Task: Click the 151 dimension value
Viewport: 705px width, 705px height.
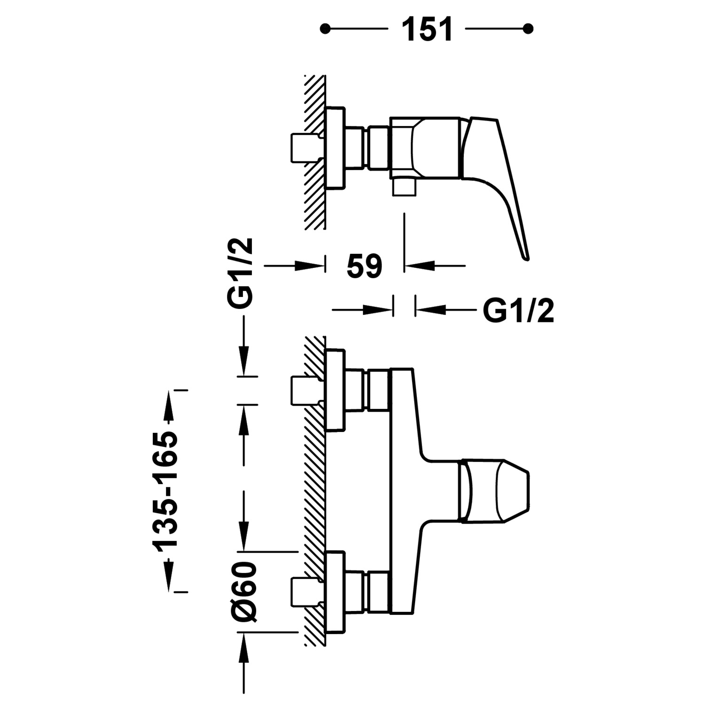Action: point(427,29)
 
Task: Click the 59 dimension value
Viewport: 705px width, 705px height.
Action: point(365,266)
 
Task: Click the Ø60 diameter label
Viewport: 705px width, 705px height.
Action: point(244,591)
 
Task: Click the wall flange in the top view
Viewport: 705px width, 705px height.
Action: point(335,148)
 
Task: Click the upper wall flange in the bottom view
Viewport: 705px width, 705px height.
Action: point(335,390)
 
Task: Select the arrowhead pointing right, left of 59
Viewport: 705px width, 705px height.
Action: point(310,266)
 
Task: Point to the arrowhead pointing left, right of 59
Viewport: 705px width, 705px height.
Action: point(418,266)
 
